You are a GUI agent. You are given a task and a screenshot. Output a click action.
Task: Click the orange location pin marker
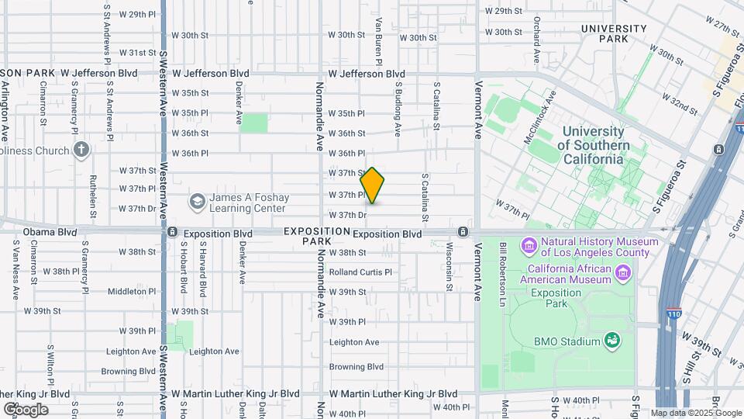click(x=373, y=185)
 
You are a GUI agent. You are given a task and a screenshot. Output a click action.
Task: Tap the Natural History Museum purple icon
click(x=530, y=246)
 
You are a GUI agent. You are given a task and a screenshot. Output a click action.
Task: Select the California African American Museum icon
click(x=624, y=272)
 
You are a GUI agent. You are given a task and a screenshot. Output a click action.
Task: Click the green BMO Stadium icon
click(x=612, y=341)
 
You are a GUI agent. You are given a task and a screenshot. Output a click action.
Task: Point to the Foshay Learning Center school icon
click(x=198, y=202)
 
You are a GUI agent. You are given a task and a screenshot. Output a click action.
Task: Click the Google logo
click(x=26, y=409)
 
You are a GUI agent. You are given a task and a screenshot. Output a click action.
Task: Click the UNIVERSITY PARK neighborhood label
click(x=615, y=33)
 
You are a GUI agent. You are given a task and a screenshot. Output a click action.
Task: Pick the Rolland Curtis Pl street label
click(x=361, y=272)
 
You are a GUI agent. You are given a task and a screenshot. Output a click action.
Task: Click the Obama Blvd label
click(x=50, y=232)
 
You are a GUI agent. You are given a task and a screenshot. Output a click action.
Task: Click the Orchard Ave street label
click(x=536, y=28)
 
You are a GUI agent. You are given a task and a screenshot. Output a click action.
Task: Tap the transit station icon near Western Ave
click(x=172, y=233)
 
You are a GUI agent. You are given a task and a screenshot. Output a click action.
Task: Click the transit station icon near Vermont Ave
click(x=463, y=232)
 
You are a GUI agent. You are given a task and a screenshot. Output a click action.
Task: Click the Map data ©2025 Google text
click(x=696, y=413)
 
